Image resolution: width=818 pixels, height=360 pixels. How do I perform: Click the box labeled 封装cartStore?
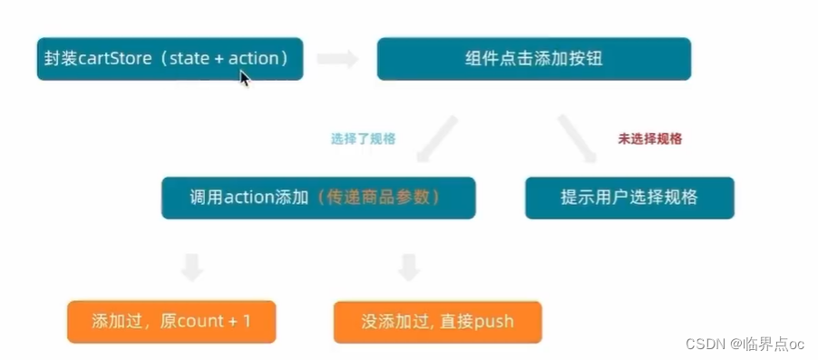tap(170, 59)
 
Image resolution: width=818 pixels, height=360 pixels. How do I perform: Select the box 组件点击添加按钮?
tap(533, 59)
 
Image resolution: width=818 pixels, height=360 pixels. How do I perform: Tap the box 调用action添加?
tap(318, 198)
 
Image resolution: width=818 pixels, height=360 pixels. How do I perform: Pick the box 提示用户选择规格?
tap(629, 198)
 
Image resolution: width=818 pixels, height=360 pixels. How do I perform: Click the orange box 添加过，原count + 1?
tap(171, 321)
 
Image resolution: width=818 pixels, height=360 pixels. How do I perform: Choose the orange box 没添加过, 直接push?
tap(437, 321)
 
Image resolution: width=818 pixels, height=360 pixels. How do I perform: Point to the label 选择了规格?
tap(363, 140)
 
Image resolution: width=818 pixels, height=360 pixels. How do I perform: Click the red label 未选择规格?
tap(649, 139)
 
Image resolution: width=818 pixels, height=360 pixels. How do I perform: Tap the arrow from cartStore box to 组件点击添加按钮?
tap(336, 60)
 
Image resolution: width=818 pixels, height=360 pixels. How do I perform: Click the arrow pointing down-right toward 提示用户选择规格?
tap(577, 137)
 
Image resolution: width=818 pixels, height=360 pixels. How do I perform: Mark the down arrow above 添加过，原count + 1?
tap(191, 267)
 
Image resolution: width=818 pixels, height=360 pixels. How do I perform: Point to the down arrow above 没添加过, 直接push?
tap(409, 267)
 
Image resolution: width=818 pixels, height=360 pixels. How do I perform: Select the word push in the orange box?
tap(493, 321)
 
